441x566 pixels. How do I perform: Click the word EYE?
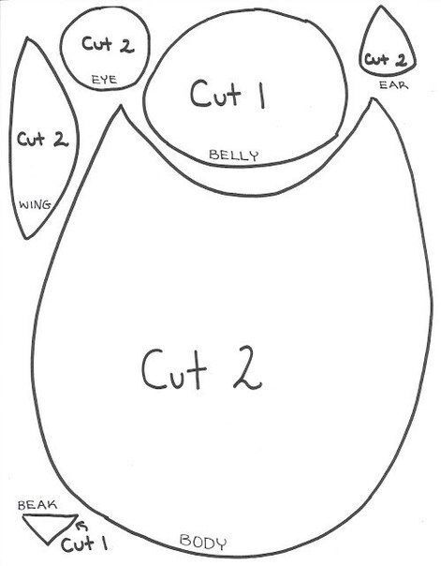105,80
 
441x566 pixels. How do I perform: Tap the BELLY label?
234,156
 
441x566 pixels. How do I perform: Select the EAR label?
394,85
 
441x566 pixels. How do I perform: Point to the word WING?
35,205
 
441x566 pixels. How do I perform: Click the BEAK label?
37,505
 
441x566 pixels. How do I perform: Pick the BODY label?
203,542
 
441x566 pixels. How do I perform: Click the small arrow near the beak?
82,526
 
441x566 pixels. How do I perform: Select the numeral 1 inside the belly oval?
262,95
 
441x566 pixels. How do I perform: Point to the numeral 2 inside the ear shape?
402,60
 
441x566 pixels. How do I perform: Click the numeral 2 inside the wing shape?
61,139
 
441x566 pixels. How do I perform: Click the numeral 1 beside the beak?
105,543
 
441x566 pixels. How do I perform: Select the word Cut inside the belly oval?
216,94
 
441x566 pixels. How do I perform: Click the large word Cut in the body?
174,368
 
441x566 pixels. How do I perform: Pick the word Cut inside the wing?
31,139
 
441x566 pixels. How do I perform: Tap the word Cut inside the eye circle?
96,43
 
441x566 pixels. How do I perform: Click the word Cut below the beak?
78,544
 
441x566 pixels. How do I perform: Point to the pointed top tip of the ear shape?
381,7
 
